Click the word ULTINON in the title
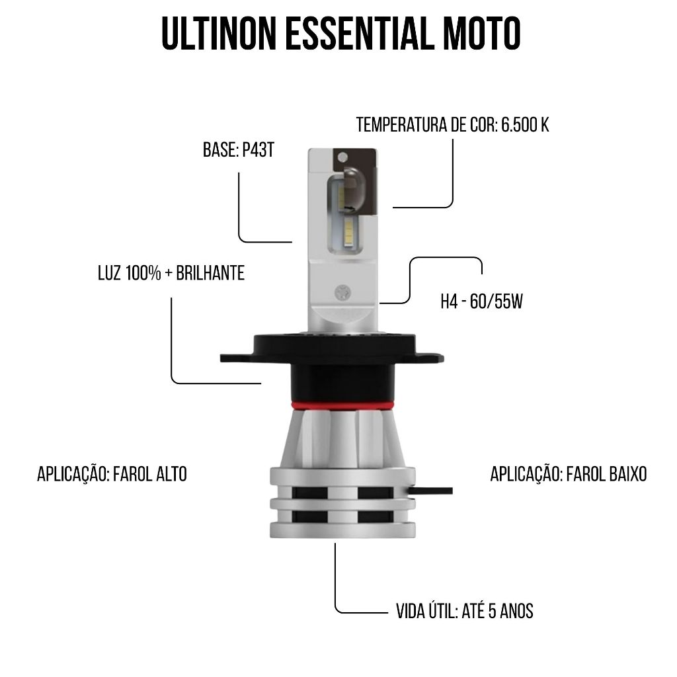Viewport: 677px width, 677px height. click(218, 34)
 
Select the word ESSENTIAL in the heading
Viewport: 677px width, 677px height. click(360, 34)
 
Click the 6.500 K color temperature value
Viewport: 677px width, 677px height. click(525, 125)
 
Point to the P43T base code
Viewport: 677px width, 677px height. click(259, 150)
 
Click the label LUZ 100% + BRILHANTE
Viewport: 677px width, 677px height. click(171, 273)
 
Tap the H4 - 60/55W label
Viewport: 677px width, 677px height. click(481, 301)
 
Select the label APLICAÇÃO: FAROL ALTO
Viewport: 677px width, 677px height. click(112, 473)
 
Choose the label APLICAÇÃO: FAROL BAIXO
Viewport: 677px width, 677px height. click(569, 473)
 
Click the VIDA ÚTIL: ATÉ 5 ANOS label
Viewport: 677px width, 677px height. click(465, 610)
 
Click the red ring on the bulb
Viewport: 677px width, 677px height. click(342, 405)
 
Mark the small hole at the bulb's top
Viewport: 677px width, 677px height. click(343, 156)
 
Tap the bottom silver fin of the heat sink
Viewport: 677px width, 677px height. click(342, 530)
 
